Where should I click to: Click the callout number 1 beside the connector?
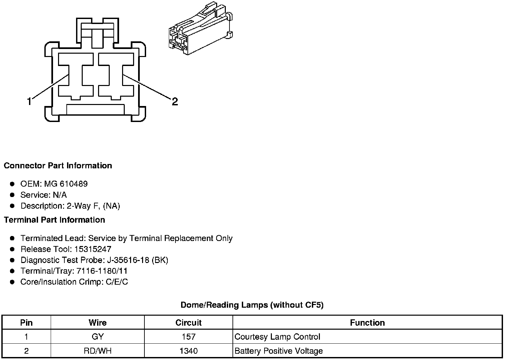(x=29, y=101)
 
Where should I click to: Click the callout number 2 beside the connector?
(x=175, y=101)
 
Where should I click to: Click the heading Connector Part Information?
(x=58, y=166)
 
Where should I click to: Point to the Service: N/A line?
(x=43, y=195)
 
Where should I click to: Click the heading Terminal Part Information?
(x=54, y=220)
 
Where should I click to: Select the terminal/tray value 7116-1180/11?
(x=102, y=271)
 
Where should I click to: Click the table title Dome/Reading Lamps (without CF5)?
(x=252, y=305)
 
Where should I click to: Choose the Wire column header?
(x=97, y=323)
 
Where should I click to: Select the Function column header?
(x=367, y=323)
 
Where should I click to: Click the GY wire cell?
(x=97, y=337)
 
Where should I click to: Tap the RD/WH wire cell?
(x=97, y=351)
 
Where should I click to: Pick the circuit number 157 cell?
(x=188, y=337)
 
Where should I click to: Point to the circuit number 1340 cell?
(x=188, y=351)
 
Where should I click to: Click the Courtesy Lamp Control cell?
(x=277, y=337)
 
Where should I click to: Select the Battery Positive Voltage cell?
(x=279, y=351)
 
